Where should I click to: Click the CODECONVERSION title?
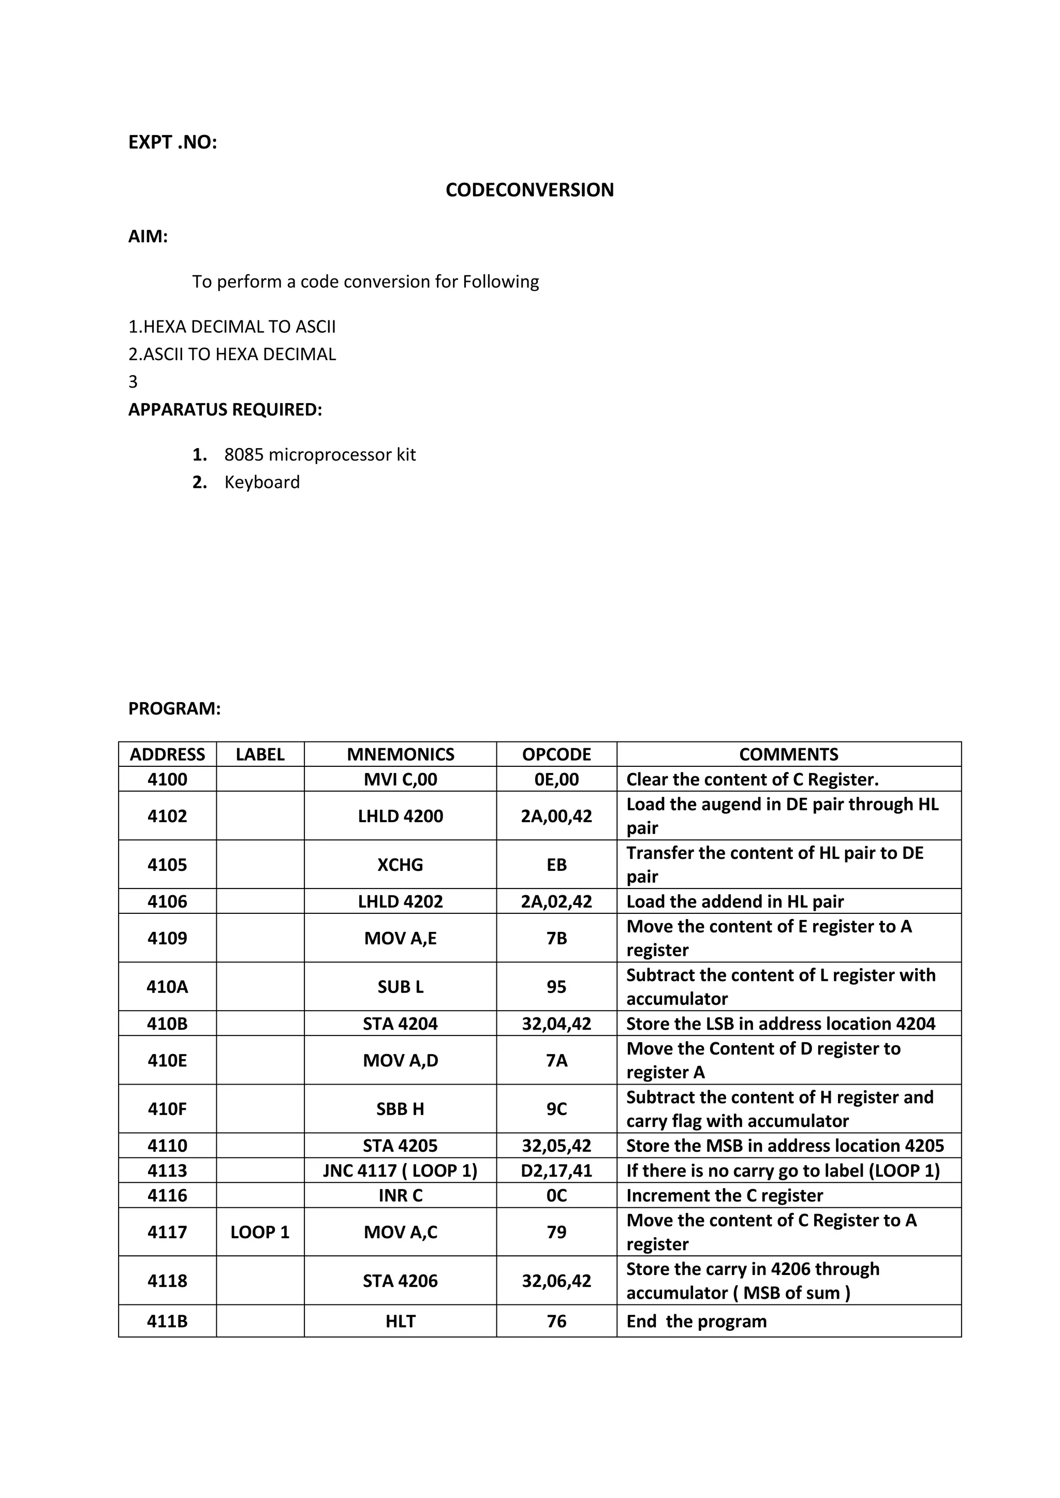pos(529,190)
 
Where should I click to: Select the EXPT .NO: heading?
pos(172,142)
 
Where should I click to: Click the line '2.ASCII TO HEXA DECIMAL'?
pos(232,354)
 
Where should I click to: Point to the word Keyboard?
pos(262,482)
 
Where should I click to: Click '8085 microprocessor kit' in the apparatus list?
pos(319,455)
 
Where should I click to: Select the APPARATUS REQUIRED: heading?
pos(225,410)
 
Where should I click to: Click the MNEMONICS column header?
pos(400,754)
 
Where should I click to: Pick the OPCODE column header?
pos(556,754)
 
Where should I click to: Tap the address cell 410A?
pos(167,986)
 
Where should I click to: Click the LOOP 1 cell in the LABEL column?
pos(260,1232)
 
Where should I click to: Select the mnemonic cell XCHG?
pos(400,865)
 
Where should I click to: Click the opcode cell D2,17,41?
pos(556,1170)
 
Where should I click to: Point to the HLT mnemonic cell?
pos(400,1321)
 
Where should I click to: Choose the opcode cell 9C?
pos(556,1109)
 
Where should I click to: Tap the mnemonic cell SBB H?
pos(400,1109)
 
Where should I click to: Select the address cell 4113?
pos(167,1170)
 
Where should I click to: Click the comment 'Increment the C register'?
pos(724,1195)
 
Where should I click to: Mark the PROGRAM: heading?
pos(174,708)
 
